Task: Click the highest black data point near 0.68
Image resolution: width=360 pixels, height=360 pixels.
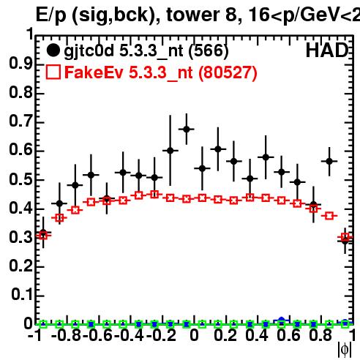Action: click(x=187, y=130)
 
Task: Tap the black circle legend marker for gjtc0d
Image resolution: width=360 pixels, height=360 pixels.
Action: click(x=53, y=50)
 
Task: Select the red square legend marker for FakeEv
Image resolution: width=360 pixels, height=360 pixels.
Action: click(x=53, y=72)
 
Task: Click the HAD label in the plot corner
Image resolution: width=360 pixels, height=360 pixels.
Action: click(x=327, y=50)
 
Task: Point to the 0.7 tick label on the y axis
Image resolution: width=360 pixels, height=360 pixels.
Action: click(x=20, y=121)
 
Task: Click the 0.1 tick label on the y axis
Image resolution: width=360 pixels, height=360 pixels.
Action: click(x=22, y=295)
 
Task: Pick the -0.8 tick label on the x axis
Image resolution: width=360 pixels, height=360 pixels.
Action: click(x=66, y=335)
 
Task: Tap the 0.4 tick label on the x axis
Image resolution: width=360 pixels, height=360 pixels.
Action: click(x=257, y=335)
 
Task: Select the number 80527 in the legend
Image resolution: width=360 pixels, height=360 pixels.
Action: click(x=228, y=72)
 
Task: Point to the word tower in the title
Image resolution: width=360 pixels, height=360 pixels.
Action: click(x=193, y=15)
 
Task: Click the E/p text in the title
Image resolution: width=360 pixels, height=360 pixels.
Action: click(x=50, y=15)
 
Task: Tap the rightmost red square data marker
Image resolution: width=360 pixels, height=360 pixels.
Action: click(x=345, y=236)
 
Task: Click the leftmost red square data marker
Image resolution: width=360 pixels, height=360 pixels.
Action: click(x=43, y=236)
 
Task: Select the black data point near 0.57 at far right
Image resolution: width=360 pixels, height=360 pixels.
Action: click(x=329, y=161)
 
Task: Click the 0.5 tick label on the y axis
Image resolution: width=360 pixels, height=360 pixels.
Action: click(x=20, y=179)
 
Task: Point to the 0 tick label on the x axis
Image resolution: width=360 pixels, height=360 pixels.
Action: click(x=194, y=335)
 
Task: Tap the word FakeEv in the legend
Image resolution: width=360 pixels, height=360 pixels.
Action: click(x=94, y=72)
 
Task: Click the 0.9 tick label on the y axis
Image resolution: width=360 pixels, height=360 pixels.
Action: click(x=20, y=64)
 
